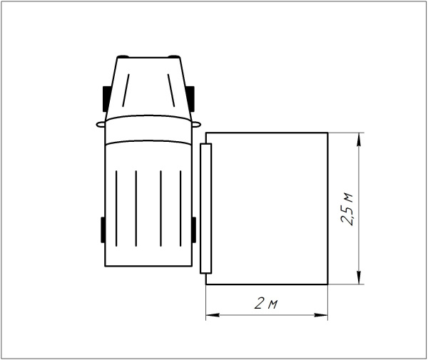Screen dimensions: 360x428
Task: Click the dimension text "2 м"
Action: (266, 304)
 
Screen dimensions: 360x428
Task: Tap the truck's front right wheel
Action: (191, 97)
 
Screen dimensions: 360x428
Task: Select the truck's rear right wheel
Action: (193, 230)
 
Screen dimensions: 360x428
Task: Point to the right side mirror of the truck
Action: (193, 123)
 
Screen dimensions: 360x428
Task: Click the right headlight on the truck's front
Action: (173, 56)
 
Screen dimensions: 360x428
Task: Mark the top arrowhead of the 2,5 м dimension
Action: (361, 138)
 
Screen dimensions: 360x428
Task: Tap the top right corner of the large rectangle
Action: (327, 133)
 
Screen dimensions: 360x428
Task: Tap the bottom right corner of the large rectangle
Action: (327, 284)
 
